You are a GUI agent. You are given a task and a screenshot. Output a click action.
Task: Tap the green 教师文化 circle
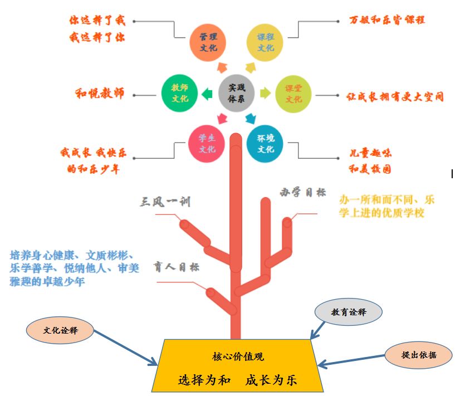179,93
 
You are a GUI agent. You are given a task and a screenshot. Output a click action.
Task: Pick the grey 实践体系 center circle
237,93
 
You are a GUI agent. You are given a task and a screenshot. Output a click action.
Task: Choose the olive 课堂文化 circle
293,94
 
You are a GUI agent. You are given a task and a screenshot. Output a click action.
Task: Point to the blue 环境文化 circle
265,144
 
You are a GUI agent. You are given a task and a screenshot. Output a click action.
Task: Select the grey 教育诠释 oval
349,312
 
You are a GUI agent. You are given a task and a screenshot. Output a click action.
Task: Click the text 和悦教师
100,93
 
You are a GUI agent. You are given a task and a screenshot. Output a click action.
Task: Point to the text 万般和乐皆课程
387,20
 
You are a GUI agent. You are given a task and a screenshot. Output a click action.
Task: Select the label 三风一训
165,201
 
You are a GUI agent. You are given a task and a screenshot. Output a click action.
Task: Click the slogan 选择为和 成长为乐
238,380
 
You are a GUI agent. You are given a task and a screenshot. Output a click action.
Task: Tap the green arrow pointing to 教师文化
207,94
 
